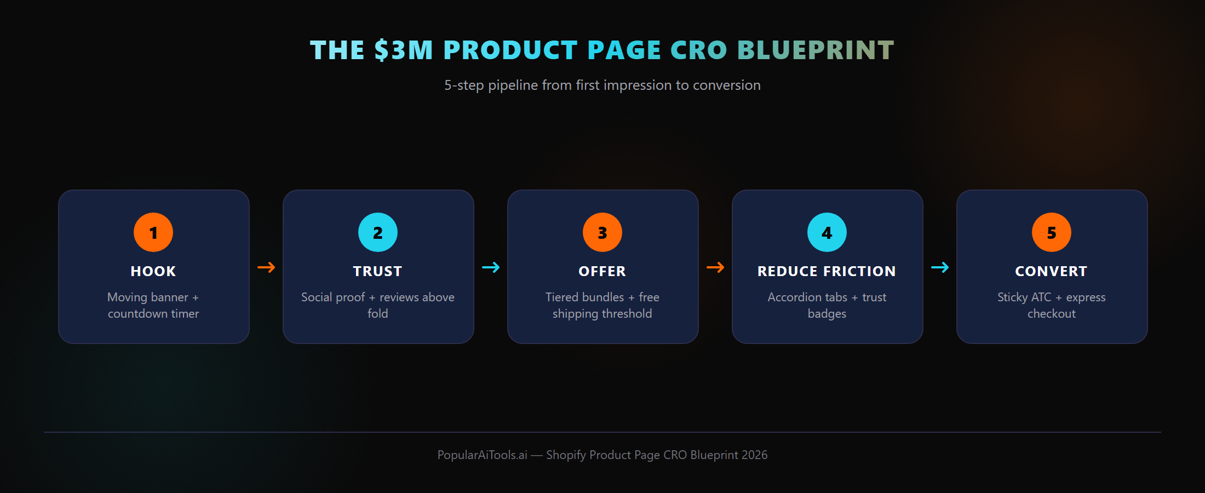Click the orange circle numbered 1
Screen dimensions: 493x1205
click(153, 232)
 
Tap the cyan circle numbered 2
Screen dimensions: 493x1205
click(378, 232)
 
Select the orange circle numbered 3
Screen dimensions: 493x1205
click(602, 232)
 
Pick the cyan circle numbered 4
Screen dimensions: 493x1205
click(827, 232)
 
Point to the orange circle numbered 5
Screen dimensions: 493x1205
click(1052, 232)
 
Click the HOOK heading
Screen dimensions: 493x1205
click(153, 271)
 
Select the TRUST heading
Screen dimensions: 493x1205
click(378, 271)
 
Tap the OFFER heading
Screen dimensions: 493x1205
click(602, 271)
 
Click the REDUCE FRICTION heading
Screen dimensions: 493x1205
click(827, 271)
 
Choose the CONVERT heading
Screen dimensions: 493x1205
click(1052, 271)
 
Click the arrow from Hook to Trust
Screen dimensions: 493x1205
click(266, 267)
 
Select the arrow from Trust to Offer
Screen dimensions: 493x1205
click(491, 267)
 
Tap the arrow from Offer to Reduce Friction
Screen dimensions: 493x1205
click(715, 267)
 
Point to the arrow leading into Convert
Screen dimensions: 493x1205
click(940, 267)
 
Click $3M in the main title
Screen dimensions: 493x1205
click(404, 50)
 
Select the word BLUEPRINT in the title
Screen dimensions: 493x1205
click(816, 50)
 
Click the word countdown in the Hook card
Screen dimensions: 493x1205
click(137, 314)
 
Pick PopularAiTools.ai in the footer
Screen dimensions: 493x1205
click(482, 455)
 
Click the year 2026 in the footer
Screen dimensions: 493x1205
click(755, 455)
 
